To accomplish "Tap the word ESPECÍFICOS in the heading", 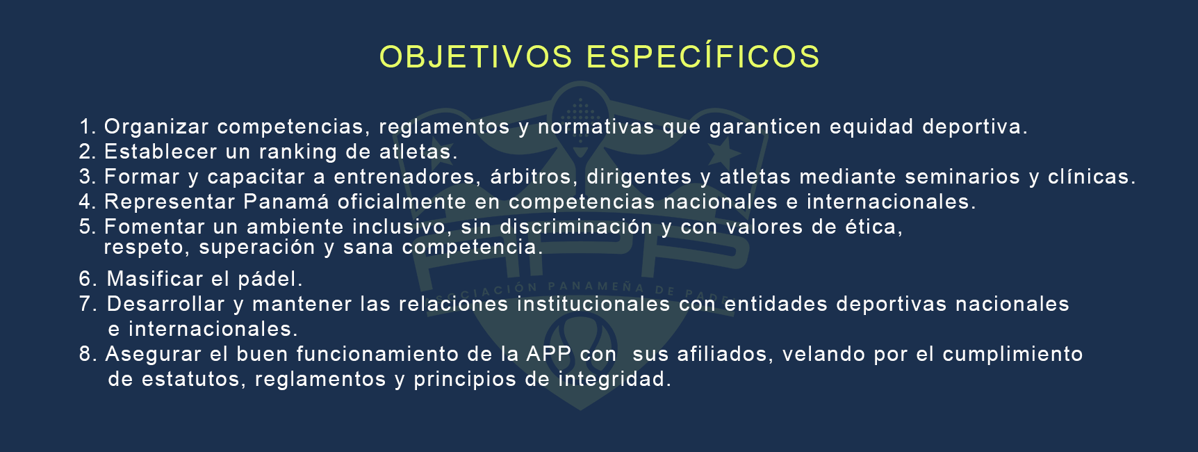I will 703,57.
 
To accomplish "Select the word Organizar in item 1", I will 156,127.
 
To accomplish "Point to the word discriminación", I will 576,227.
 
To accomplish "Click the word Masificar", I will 155,279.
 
